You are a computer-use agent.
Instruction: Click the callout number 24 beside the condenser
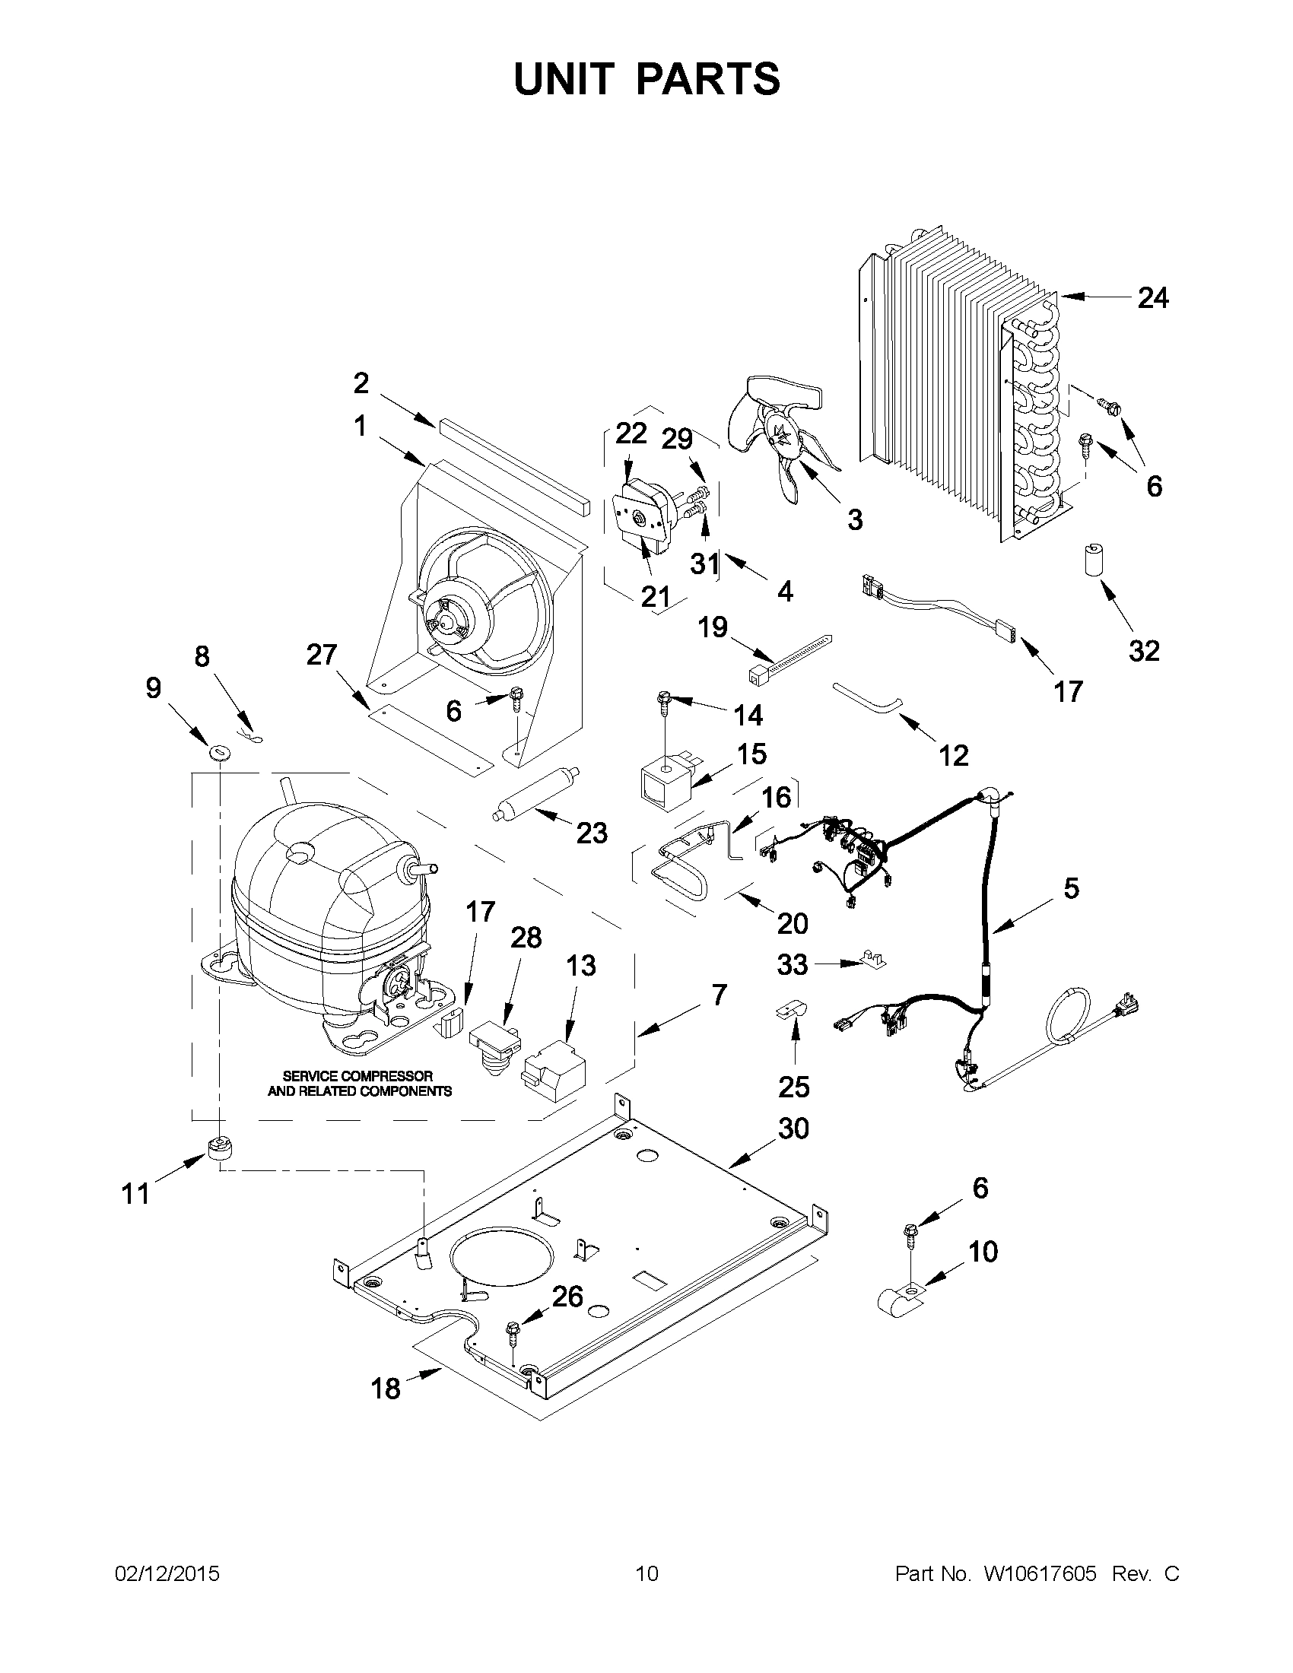1152,297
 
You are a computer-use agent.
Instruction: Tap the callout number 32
1144,651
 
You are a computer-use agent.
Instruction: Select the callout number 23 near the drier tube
591,833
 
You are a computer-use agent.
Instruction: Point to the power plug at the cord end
1127,1004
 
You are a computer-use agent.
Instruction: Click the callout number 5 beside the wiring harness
1071,888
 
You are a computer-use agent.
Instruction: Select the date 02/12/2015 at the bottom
167,1573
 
